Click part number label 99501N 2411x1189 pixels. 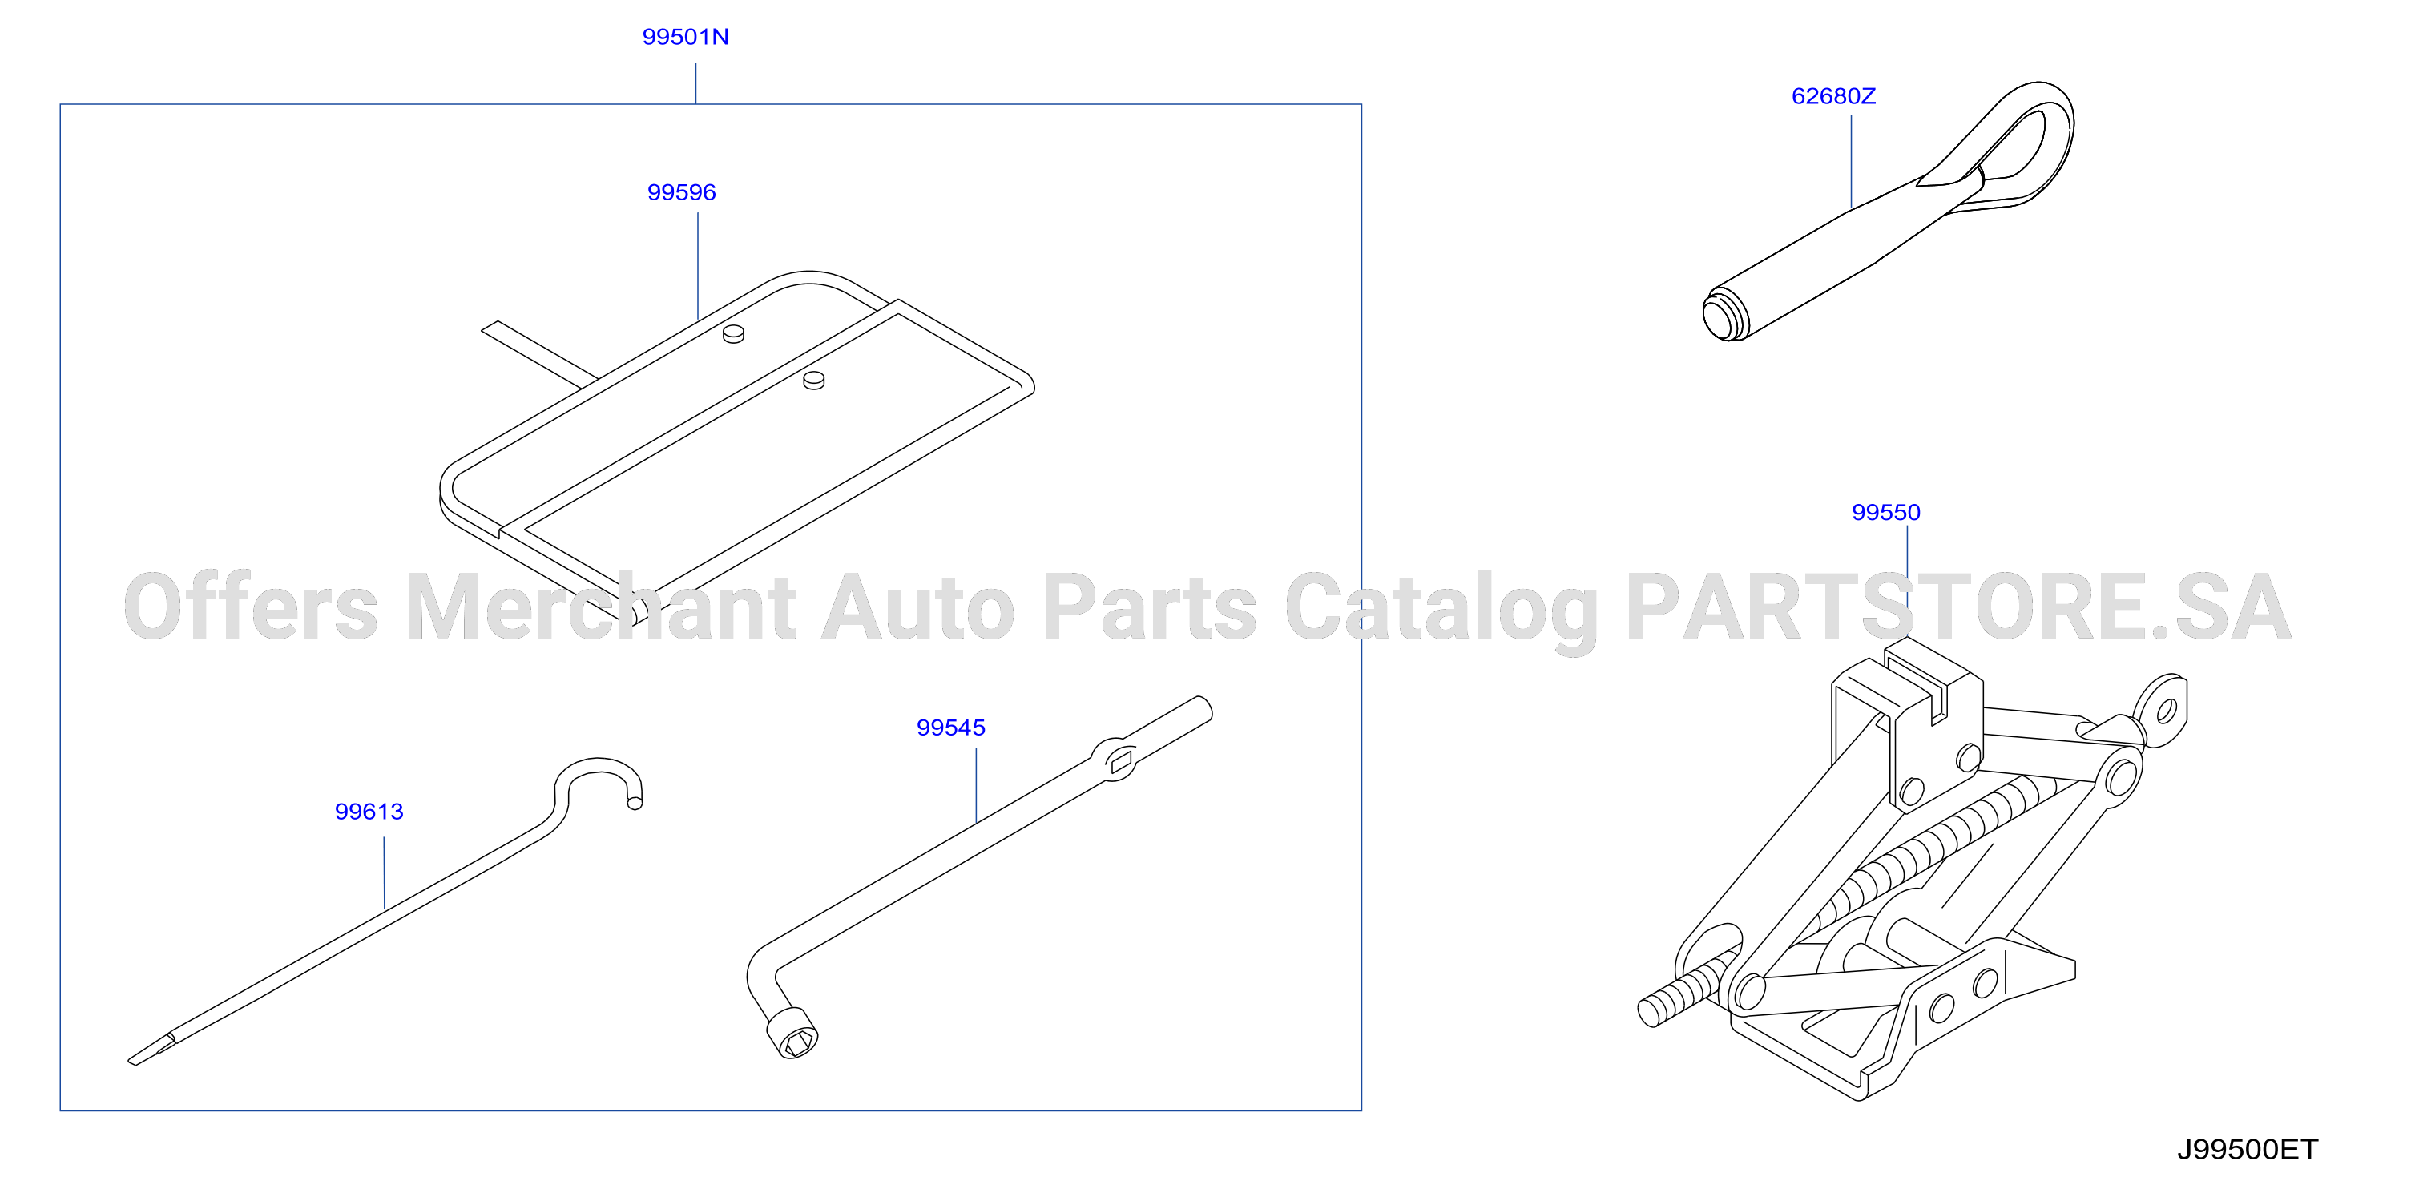(x=685, y=37)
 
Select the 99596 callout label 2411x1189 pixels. (x=681, y=192)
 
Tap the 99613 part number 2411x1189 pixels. (x=369, y=811)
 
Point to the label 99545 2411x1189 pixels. (x=951, y=728)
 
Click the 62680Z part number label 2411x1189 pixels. (x=1833, y=95)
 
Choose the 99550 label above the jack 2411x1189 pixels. (x=1886, y=512)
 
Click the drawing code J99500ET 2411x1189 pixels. (x=2248, y=1149)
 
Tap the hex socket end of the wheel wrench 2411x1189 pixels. (x=792, y=1034)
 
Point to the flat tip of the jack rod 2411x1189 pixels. (x=151, y=1050)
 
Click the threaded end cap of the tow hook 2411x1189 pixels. (x=1724, y=316)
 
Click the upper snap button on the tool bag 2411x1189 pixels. (x=733, y=333)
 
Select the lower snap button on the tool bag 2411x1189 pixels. (x=814, y=379)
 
